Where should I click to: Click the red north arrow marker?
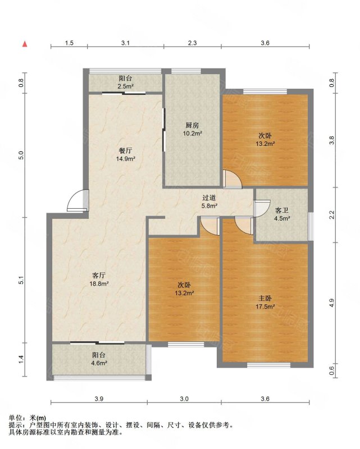pyautogui.click(x=25, y=44)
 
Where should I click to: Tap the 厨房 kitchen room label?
pyautogui.click(x=192, y=125)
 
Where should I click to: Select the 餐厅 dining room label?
pyautogui.click(x=126, y=150)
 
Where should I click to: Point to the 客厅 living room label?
pyautogui.click(x=99, y=276)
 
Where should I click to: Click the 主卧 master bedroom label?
pyautogui.click(x=266, y=299)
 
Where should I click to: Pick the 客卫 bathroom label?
pyautogui.click(x=282, y=211)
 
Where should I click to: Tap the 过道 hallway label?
pyautogui.click(x=209, y=198)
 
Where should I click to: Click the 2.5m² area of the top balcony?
pyautogui.click(x=126, y=86)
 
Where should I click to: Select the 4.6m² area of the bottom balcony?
pyautogui.click(x=99, y=363)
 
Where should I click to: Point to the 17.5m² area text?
pyautogui.click(x=266, y=306)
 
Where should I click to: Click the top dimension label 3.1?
pyautogui.click(x=126, y=43)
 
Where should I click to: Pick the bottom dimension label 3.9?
pyautogui.click(x=98, y=398)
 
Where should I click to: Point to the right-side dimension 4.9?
pyautogui.click(x=331, y=303)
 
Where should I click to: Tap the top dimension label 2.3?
pyautogui.click(x=192, y=43)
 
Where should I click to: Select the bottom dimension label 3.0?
pyautogui.click(x=184, y=398)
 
